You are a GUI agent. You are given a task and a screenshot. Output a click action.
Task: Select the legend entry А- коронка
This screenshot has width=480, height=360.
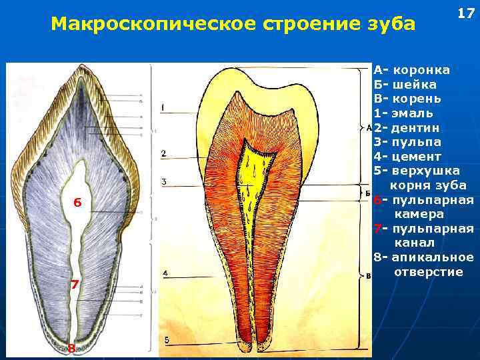click(x=411, y=70)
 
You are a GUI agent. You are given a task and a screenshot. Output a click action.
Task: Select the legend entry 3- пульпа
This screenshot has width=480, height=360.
click(x=409, y=142)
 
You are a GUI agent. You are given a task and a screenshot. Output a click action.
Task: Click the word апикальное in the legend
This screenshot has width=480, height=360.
click(x=433, y=257)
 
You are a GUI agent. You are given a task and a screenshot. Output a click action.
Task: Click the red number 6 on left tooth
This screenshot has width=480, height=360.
click(x=77, y=203)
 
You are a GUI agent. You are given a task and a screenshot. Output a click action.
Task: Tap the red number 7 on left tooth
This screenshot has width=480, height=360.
click(x=75, y=285)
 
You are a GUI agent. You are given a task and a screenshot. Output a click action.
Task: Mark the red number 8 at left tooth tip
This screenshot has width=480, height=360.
click(x=71, y=347)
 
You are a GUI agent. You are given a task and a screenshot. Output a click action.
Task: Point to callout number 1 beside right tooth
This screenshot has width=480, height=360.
click(x=163, y=107)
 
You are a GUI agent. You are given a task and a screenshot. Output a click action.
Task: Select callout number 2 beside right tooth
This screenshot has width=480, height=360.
click(x=163, y=154)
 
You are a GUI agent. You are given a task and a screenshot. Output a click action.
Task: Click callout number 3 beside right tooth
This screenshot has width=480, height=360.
click(x=163, y=182)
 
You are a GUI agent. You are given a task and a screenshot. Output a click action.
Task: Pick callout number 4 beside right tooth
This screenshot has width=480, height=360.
click(x=165, y=273)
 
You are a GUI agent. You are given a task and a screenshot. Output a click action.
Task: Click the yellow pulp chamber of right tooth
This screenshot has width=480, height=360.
click(x=255, y=167)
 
